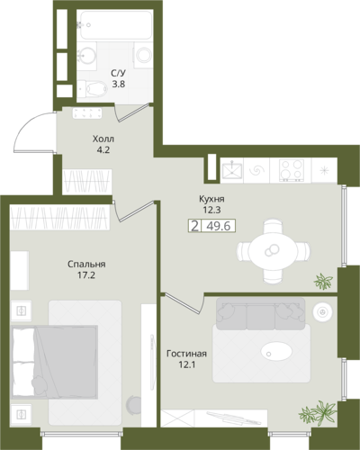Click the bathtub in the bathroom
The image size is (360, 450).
(x=116, y=25)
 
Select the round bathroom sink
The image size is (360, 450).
(x=87, y=55)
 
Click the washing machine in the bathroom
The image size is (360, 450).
(x=143, y=55)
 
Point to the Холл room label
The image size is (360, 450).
(x=103, y=139)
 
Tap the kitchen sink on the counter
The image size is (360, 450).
(x=232, y=171)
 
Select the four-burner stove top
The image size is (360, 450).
(x=292, y=170)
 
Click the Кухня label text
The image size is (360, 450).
(x=211, y=199)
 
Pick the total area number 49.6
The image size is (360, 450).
(x=219, y=226)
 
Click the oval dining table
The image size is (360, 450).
(x=273, y=251)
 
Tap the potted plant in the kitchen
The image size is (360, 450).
(x=323, y=282)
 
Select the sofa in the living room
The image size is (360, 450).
(x=260, y=313)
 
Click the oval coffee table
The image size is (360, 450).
(x=276, y=351)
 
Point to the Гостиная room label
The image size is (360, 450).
(x=186, y=354)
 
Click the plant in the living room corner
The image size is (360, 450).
(x=318, y=412)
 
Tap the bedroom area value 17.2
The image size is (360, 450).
(x=86, y=274)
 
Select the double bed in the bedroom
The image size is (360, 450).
(x=55, y=362)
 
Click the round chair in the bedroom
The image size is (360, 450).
(x=134, y=406)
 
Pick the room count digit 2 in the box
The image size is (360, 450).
(x=195, y=226)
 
